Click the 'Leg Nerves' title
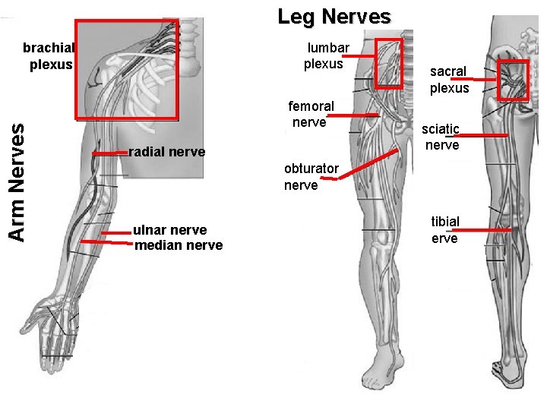334,16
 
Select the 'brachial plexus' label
49,56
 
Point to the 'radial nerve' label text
167,152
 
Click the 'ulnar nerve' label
169,230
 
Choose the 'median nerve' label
179,245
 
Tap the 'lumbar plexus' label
326,56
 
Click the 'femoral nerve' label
311,114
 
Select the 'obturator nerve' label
311,177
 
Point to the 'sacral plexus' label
449,80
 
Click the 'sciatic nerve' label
442,137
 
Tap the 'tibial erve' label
445,230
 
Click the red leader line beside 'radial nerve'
109,153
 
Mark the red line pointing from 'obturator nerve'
368,164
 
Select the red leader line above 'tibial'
483,229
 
